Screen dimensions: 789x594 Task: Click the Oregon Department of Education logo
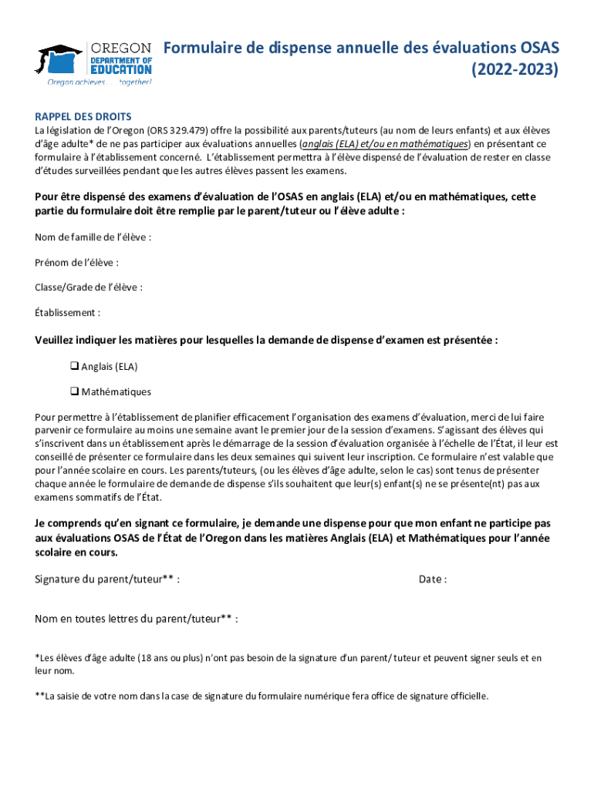(x=94, y=62)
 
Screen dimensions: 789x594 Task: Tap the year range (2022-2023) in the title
(x=515, y=70)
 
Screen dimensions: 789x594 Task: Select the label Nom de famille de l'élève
(x=93, y=237)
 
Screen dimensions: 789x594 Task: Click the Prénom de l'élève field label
(x=76, y=262)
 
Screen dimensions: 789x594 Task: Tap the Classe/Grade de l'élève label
(x=88, y=287)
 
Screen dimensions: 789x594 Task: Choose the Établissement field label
(x=67, y=313)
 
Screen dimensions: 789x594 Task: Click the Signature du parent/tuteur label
(x=107, y=579)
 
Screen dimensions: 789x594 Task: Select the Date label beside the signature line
(x=432, y=579)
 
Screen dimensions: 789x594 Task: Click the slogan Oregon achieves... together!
(x=99, y=81)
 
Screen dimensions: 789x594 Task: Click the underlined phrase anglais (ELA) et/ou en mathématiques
(x=384, y=144)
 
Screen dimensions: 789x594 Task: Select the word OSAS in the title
(x=541, y=49)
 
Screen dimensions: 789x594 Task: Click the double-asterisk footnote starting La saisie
(x=262, y=697)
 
